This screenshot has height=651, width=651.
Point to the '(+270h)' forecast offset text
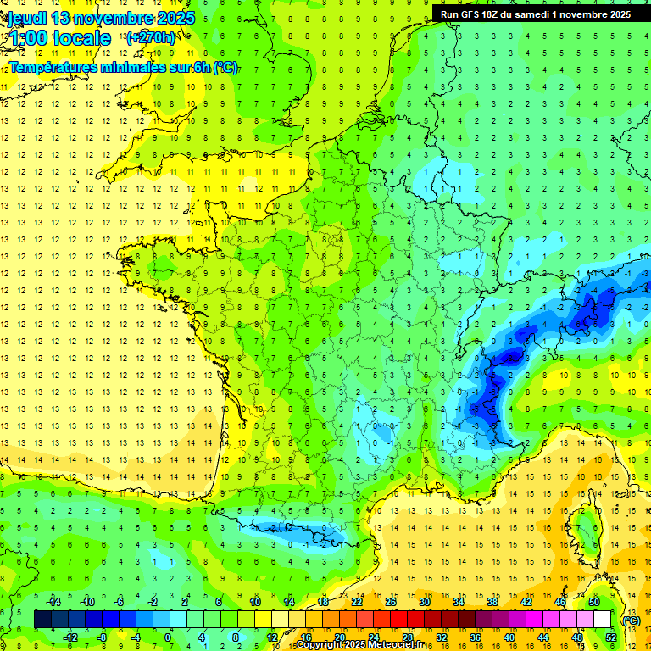[x=151, y=37]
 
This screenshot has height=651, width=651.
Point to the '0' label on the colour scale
[x=169, y=637]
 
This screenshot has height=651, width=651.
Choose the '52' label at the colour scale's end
[x=610, y=637]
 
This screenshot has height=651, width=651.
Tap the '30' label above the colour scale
[x=424, y=601]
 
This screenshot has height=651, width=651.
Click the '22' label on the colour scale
[x=357, y=601]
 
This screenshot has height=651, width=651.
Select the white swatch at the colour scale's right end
[x=602, y=619]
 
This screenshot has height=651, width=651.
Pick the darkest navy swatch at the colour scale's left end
[x=42, y=619]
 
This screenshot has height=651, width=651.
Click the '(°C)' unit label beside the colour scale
[x=632, y=620]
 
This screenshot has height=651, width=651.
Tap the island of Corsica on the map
[x=586, y=530]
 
